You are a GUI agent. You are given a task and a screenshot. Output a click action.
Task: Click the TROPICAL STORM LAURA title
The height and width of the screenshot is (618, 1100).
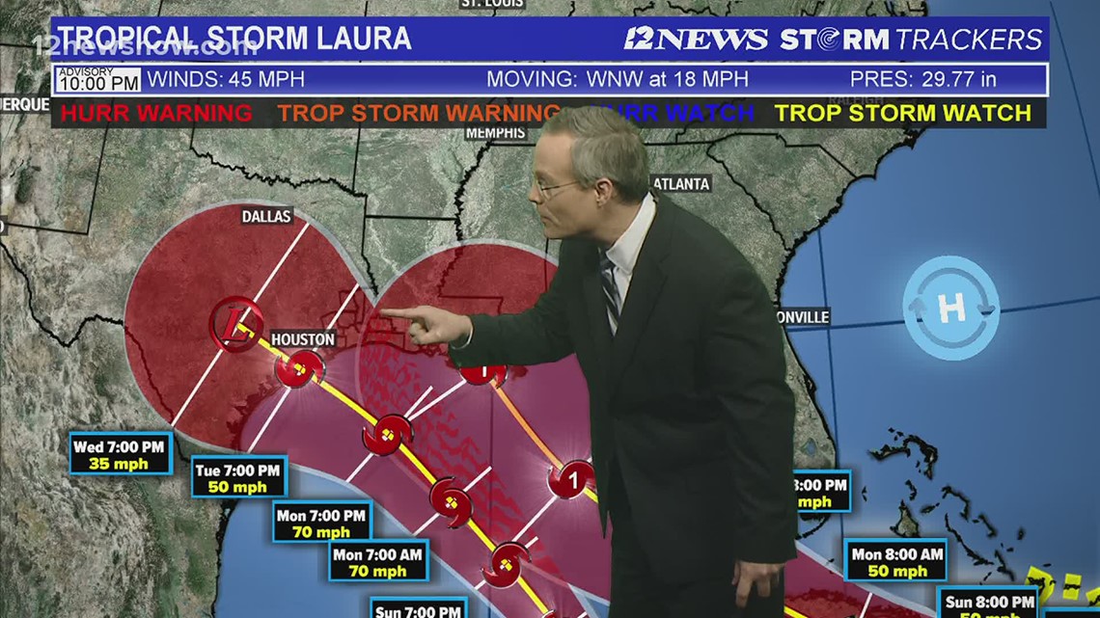pos(234,39)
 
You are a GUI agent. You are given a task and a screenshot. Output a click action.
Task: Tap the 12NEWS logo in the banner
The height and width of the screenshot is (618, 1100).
pos(695,40)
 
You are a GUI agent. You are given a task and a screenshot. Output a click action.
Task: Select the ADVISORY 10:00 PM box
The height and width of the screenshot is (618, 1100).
pos(98,79)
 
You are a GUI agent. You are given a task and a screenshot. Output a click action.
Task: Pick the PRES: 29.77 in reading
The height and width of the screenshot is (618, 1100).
pos(922,79)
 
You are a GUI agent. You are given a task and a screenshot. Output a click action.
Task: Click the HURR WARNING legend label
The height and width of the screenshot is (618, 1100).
pos(156,113)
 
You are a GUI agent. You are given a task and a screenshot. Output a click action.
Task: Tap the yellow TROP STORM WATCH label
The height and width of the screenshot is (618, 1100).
pos(903,113)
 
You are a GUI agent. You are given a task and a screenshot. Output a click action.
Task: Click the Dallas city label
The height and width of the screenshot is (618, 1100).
pos(266,217)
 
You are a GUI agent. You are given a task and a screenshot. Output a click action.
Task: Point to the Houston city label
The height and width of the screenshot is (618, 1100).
pos(303,339)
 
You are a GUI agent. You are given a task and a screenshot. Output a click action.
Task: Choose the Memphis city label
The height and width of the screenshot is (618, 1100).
pos(495,133)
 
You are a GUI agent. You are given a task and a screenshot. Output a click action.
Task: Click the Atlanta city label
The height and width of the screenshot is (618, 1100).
pos(681,184)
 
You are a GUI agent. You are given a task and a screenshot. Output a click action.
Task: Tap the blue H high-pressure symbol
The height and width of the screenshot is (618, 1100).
pos(950,309)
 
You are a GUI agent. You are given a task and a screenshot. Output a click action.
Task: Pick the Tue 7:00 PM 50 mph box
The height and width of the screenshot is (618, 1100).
pos(238,476)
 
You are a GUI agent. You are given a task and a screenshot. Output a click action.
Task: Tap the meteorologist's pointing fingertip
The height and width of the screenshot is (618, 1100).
pos(384,312)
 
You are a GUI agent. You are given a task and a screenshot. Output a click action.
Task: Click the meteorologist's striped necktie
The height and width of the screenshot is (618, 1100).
pos(610,290)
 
